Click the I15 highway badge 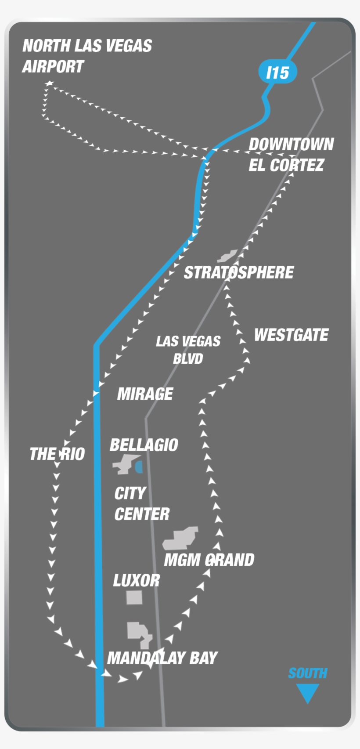pyautogui.click(x=277, y=72)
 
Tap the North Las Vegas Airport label pyautogui.click(x=87, y=56)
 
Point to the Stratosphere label pyautogui.click(x=239, y=272)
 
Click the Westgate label pyautogui.click(x=291, y=335)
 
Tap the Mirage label pyautogui.click(x=145, y=394)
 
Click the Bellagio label pyautogui.click(x=144, y=445)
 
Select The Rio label pyautogui.click(x=57, y=454)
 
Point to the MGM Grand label pyautogui.click(x=209, y=560)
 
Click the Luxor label pyautogui.click(x=136, y=581)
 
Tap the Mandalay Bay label pyautogui.click(x=162, y=658)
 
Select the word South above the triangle pyautogui.click(x=307, y=673)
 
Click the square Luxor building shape pyautogui.click(x=134, y=597)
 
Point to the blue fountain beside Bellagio pyautogui.click(x=139, y=467)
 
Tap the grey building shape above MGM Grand pyautogui.click(x=181, y=539)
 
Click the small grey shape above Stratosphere pyautogui.click(x=227, y=256)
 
